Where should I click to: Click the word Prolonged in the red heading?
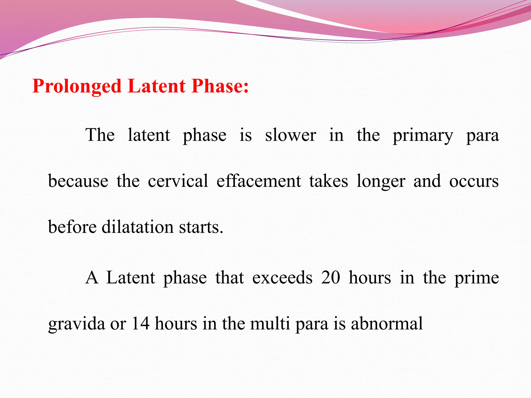tap(77, 87)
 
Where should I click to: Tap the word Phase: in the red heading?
tap(220, 86)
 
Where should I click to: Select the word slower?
tap(290, 135)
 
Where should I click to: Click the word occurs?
tap(474, 181)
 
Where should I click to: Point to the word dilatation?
tap(137, 227)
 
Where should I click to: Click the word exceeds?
tap(282, 278)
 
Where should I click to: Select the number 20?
tap(331, 278)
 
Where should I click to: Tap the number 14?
tap(141, 324)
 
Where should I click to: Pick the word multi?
tap(270, 324)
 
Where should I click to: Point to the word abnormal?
tap(387, 324)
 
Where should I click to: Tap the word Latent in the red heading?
tap(157, 86)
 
